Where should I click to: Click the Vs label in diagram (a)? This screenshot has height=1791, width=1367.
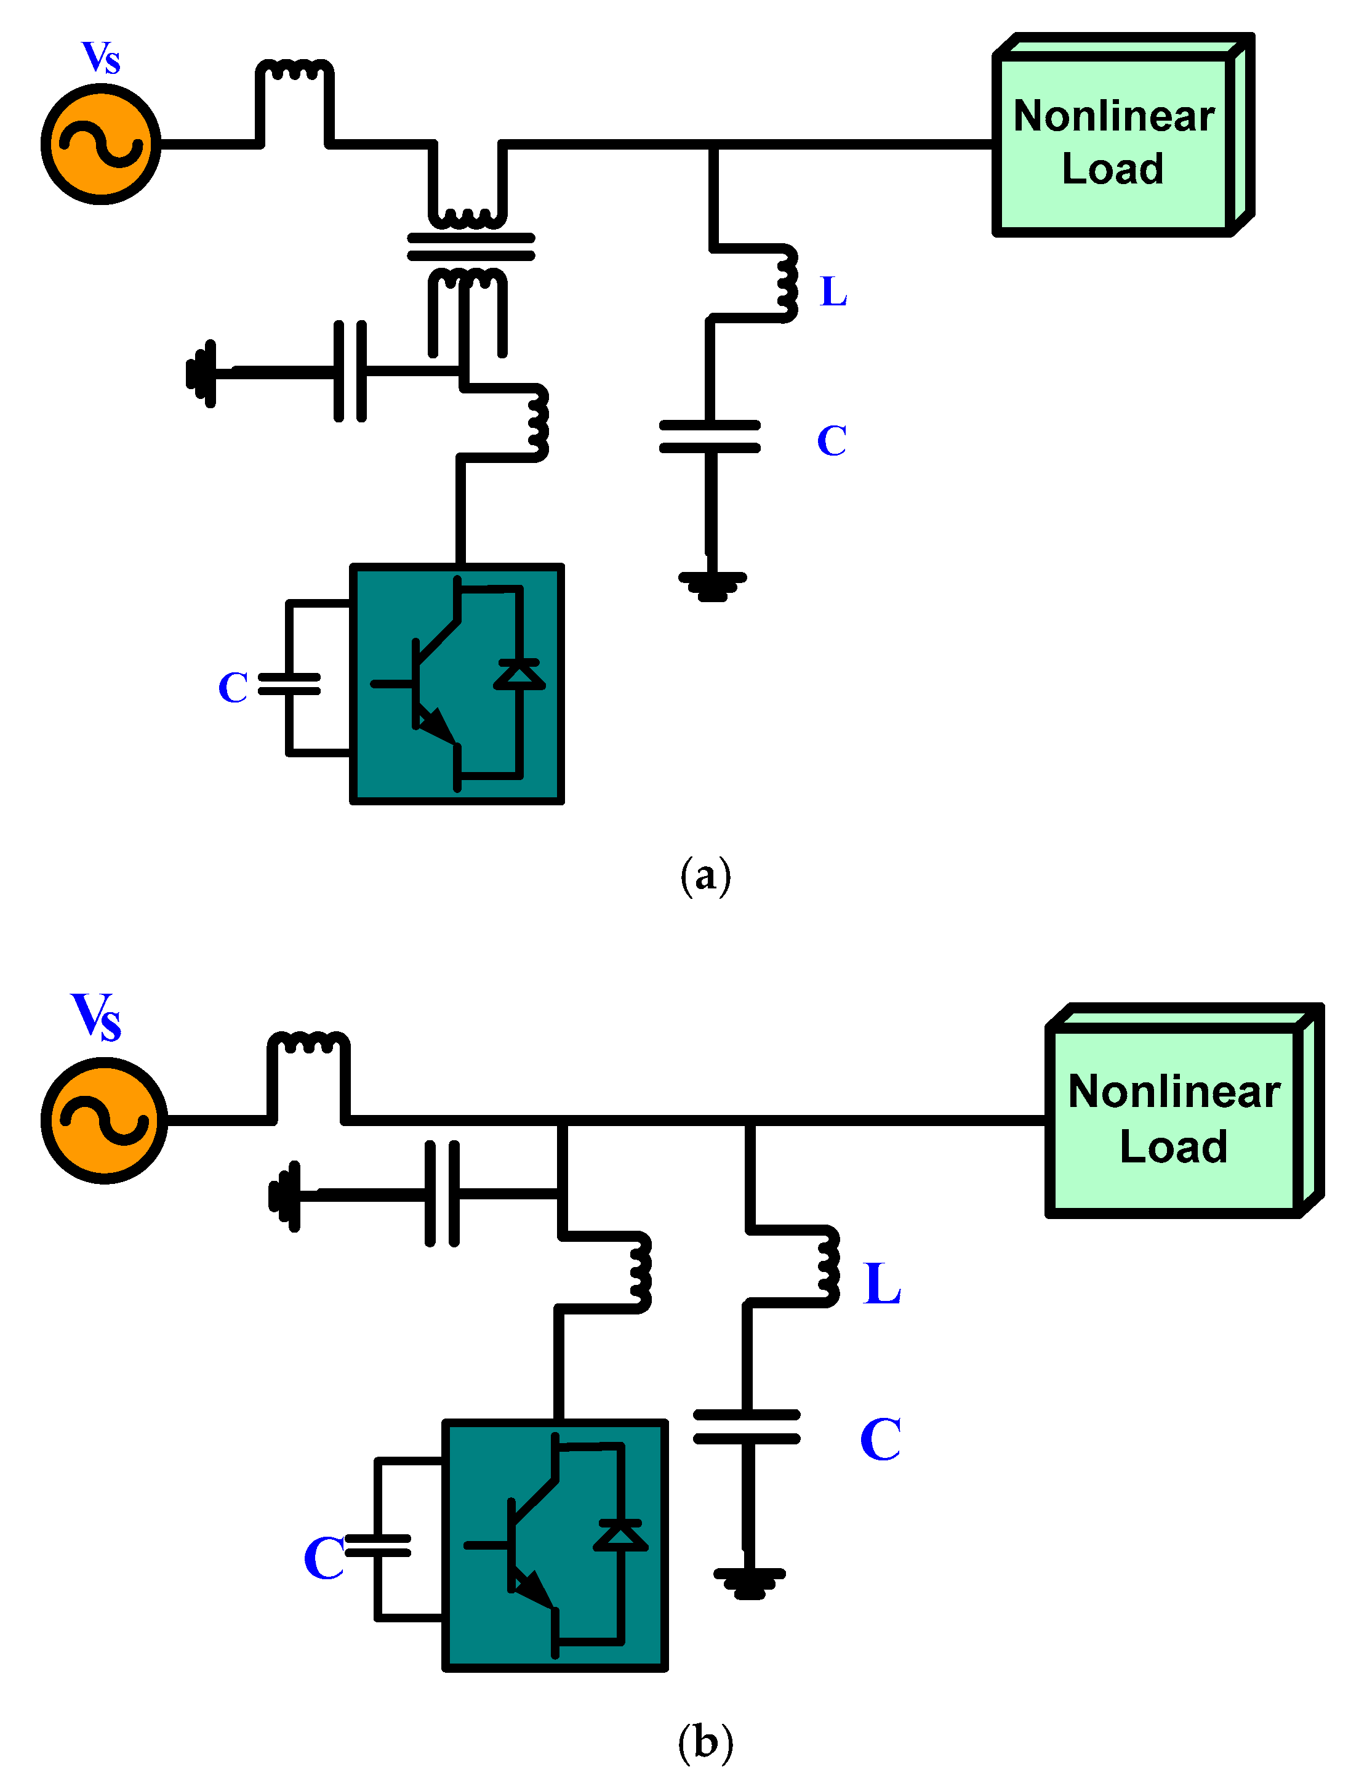coord(101,58)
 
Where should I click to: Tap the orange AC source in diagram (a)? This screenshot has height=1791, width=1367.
coord(101,145)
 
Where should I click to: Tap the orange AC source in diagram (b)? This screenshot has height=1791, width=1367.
coord(104,1121)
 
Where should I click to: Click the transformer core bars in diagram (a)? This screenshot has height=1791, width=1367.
coord(470,246)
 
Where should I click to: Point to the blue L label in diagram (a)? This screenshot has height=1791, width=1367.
coord(833,291)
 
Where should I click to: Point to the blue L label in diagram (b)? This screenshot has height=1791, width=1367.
coord(882,1284)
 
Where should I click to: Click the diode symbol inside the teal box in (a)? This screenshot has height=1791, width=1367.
coord(519,675)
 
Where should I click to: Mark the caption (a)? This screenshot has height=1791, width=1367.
coord(705,876)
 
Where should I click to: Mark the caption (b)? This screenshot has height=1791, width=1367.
coord(705,1742)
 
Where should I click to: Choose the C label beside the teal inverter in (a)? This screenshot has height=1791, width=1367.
coord(233,688)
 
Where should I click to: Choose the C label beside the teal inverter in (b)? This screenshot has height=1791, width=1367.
coord(323,1558)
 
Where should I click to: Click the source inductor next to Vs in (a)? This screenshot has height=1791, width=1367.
coord(294,71)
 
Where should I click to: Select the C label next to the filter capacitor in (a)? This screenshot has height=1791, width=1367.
coord(832,441)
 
